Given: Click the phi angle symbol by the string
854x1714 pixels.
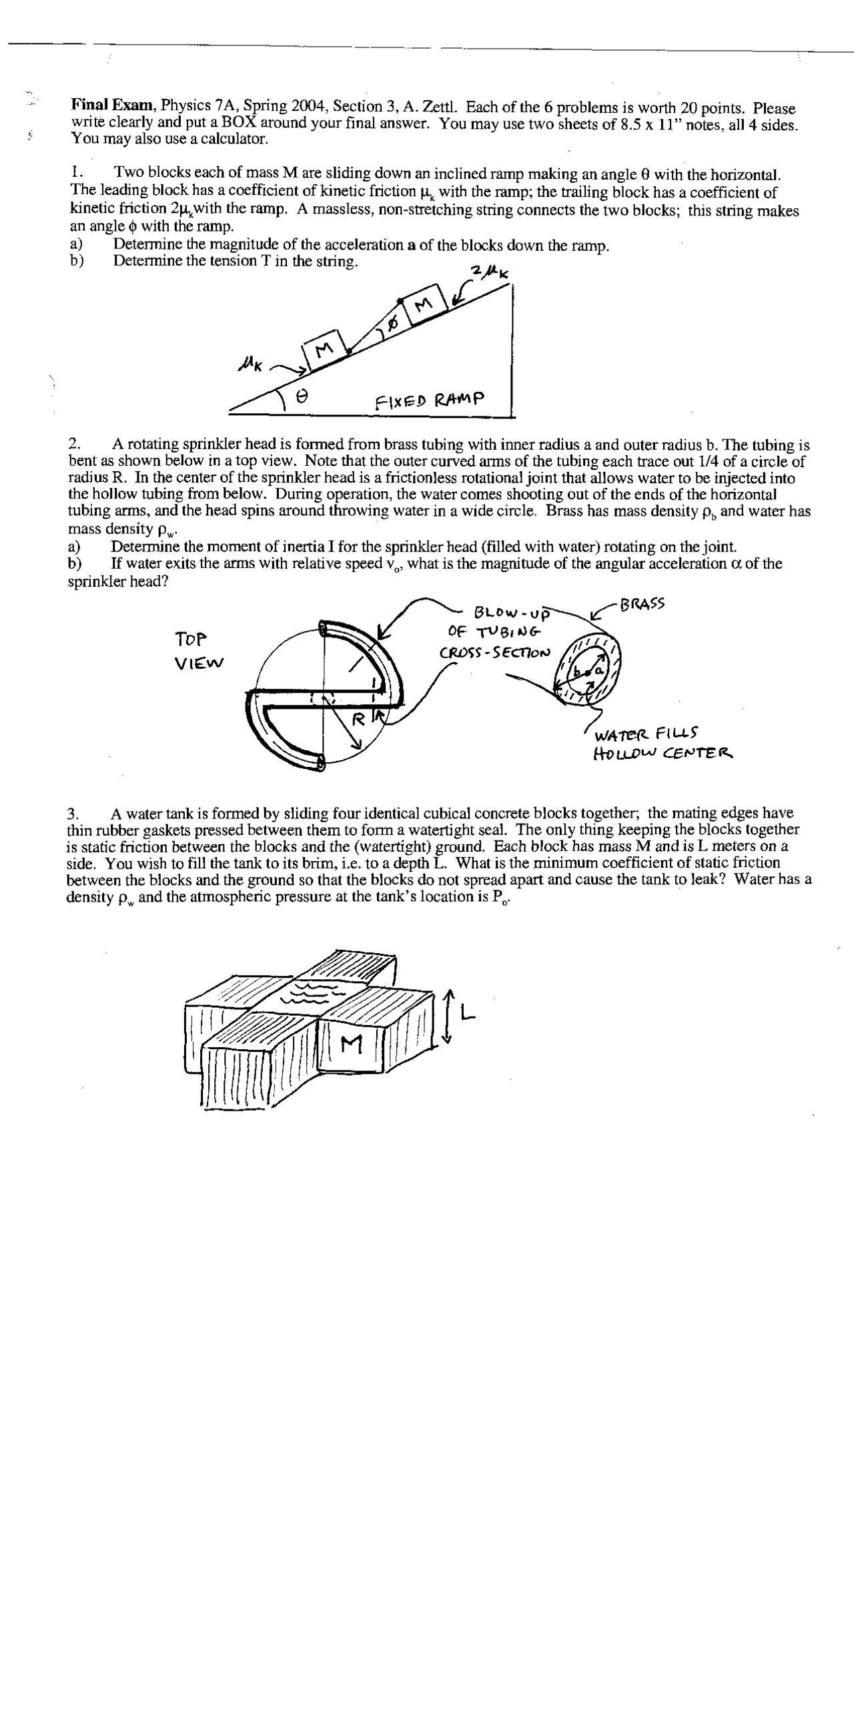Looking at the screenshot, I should point(393,324).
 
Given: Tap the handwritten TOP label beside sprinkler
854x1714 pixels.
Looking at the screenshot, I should point(191,639).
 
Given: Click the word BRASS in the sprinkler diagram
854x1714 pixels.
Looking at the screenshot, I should point(642,605).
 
